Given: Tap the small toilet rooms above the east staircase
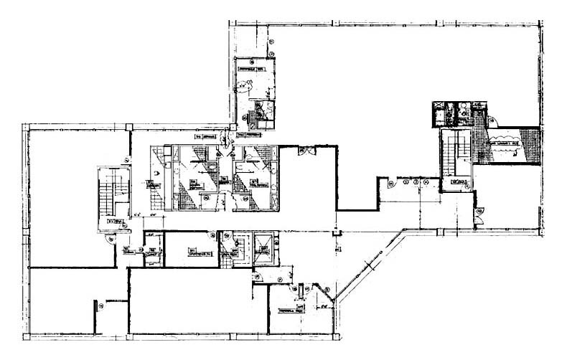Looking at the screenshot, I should [455, 114].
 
